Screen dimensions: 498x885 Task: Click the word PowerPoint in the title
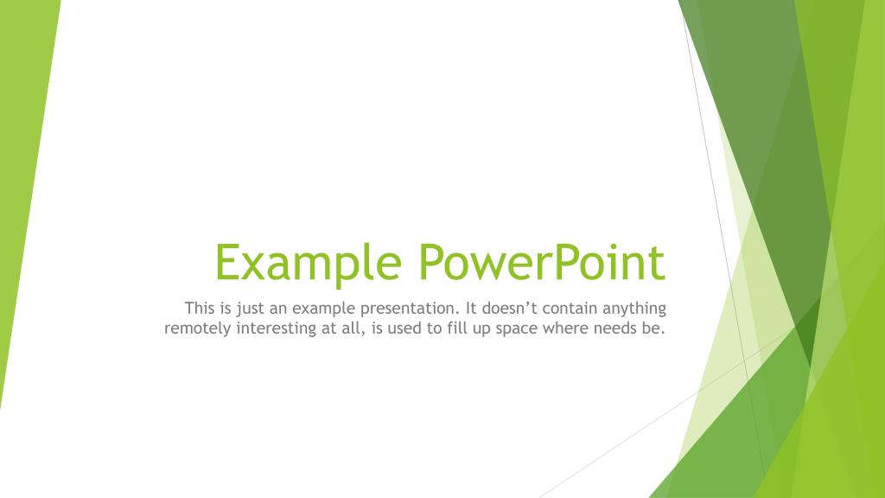(542, 263)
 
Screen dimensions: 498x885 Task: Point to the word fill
(455, 329)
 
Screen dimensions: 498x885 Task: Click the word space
(516, 330)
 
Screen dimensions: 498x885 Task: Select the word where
(564, 329)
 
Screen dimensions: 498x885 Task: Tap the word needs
(616, 329)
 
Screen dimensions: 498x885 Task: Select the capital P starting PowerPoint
(430, 263)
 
